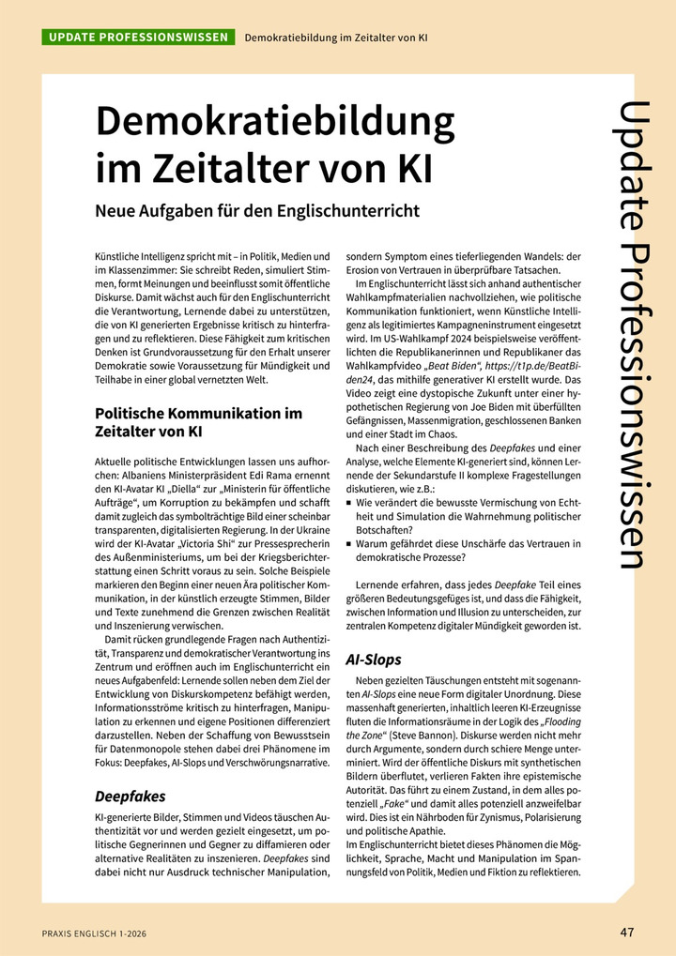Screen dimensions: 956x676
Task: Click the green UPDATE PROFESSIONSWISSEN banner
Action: [137, 38]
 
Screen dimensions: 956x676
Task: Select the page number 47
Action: [627, 932]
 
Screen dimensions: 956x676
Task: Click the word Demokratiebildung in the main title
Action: [275, 123]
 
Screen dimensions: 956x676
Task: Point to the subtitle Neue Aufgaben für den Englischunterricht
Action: [257, 210]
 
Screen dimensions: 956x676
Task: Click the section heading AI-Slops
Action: [375, 660]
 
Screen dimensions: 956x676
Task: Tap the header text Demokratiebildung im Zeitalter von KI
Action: [336, 38]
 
